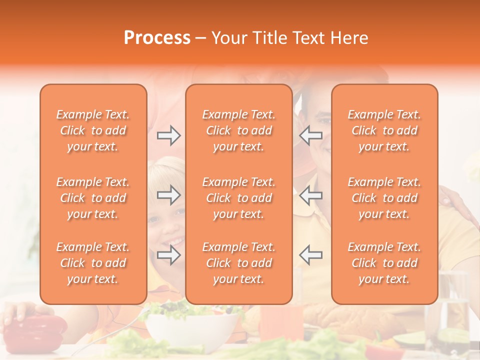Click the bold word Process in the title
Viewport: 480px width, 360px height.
click(x=157, y=38)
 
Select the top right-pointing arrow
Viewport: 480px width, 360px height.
click(x=169, y=135)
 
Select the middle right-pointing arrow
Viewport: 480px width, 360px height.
click(x=169, y=195)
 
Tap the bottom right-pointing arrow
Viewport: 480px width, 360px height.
click(x=169, y=255)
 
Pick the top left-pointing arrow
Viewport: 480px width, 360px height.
click(x=311, y=135)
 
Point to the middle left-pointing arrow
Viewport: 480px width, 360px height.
click(x=311, y=195)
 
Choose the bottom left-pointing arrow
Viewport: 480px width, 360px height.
click(x=311, y=255)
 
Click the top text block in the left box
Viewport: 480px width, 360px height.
click(x=93, y=130)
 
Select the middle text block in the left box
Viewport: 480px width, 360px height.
click(x=93, y=198)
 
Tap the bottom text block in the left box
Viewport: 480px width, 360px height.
click(x=93, y=263)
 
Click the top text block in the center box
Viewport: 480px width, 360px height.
click(x=239, y=130)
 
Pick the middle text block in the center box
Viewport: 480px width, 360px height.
click(x=239, y=198)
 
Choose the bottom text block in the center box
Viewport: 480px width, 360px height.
click(x=239, y=263)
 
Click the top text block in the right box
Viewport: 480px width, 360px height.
click(x=384, y=130)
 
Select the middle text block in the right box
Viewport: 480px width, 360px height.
click(x=384, y=198)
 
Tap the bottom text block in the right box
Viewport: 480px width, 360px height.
click(x=384, y=263)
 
